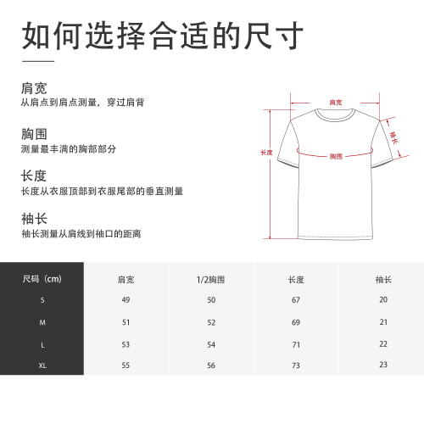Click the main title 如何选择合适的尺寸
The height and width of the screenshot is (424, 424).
pyautogui.click(x=163, y=36)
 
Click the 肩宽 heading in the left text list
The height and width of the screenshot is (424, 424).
pyautogui.click(x=34, y=88)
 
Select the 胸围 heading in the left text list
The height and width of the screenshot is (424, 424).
pyautogui.click(x=34, y=134)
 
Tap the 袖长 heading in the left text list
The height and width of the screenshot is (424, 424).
pyautogui.click(x=34, y=219)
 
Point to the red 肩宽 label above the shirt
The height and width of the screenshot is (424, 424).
pyautogui.click(x=336, y=103)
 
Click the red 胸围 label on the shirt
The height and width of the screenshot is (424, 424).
pyautogui.click(x=336, y=156)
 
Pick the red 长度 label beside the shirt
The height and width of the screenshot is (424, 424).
pyautogui.click(x=266, y=153)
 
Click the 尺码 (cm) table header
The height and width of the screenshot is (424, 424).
pyautogui.click(x=42, y=279)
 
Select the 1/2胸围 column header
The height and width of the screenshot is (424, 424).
pyautogui.click(x=210, y=280)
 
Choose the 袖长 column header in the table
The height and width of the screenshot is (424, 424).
pyautogui.click(x=383, y=280)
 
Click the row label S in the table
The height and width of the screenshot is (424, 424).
pyautogui.click(x=42, y=300)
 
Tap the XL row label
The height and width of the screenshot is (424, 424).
pyautogui.click(x=42, y=365)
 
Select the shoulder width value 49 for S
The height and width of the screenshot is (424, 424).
pyautogui.click(x=126, y=300)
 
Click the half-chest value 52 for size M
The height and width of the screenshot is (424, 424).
pyautogui.click(x=211, y=322)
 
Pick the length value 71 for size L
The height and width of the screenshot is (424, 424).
pyautogui.click(x=296, y=345)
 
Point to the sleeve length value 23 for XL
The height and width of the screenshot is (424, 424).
pyautogui.click(x=383, y=365)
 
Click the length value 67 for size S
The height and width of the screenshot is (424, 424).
pyautogui.click(x=296, y=300)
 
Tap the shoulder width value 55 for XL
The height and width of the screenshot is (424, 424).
pyautogui.click(x=126, y=365)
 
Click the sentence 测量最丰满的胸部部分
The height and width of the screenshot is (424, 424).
pyautogui.click(x=69, y=149)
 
